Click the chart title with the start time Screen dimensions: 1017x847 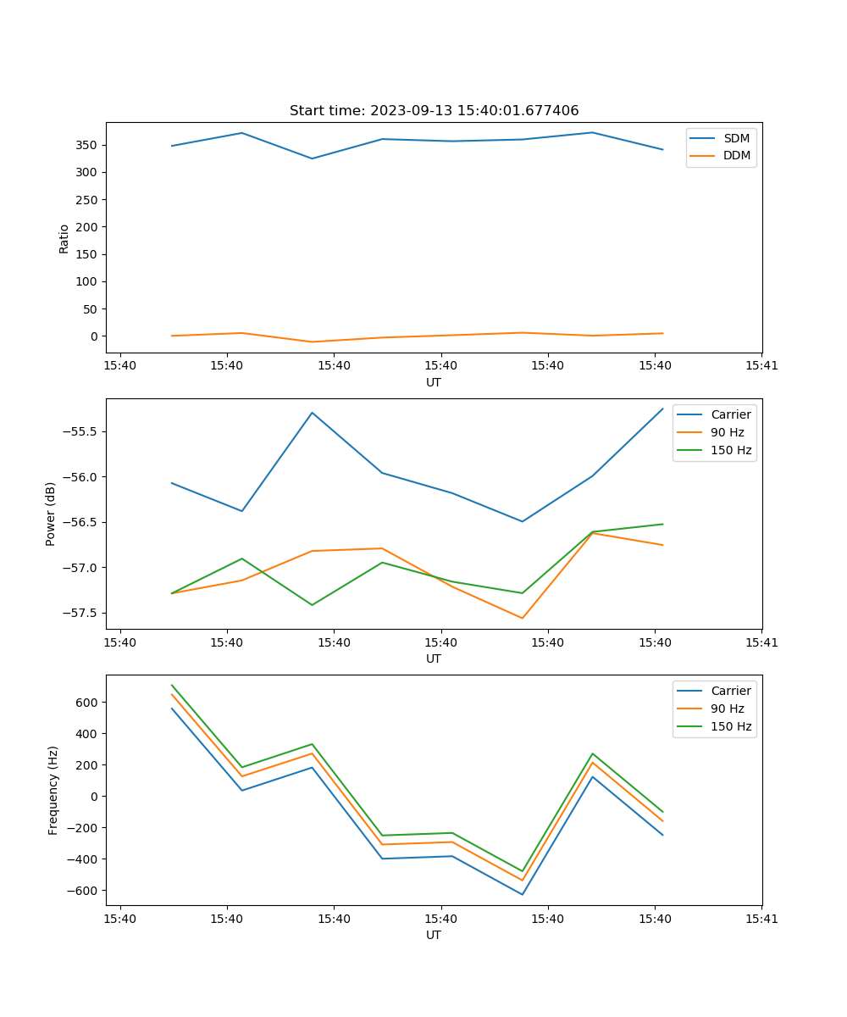click(x=434, y=111)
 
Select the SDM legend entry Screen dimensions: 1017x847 click(x=736, y=138)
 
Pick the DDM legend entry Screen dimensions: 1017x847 click(x=737, y=155)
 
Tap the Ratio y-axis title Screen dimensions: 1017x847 click(x=64, y=238)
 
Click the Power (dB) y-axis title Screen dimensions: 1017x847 click(x=51, y=514)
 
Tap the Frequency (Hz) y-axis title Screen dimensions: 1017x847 click(x=53, y=790)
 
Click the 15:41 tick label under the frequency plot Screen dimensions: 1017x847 click(x=761, y=918)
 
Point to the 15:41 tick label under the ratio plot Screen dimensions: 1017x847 click(x=761, y=365)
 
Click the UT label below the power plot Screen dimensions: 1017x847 click(x=434, y=659)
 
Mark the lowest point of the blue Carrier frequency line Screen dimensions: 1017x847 click(x=522, y=894)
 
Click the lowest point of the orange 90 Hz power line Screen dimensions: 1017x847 click(x=522, y=618)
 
